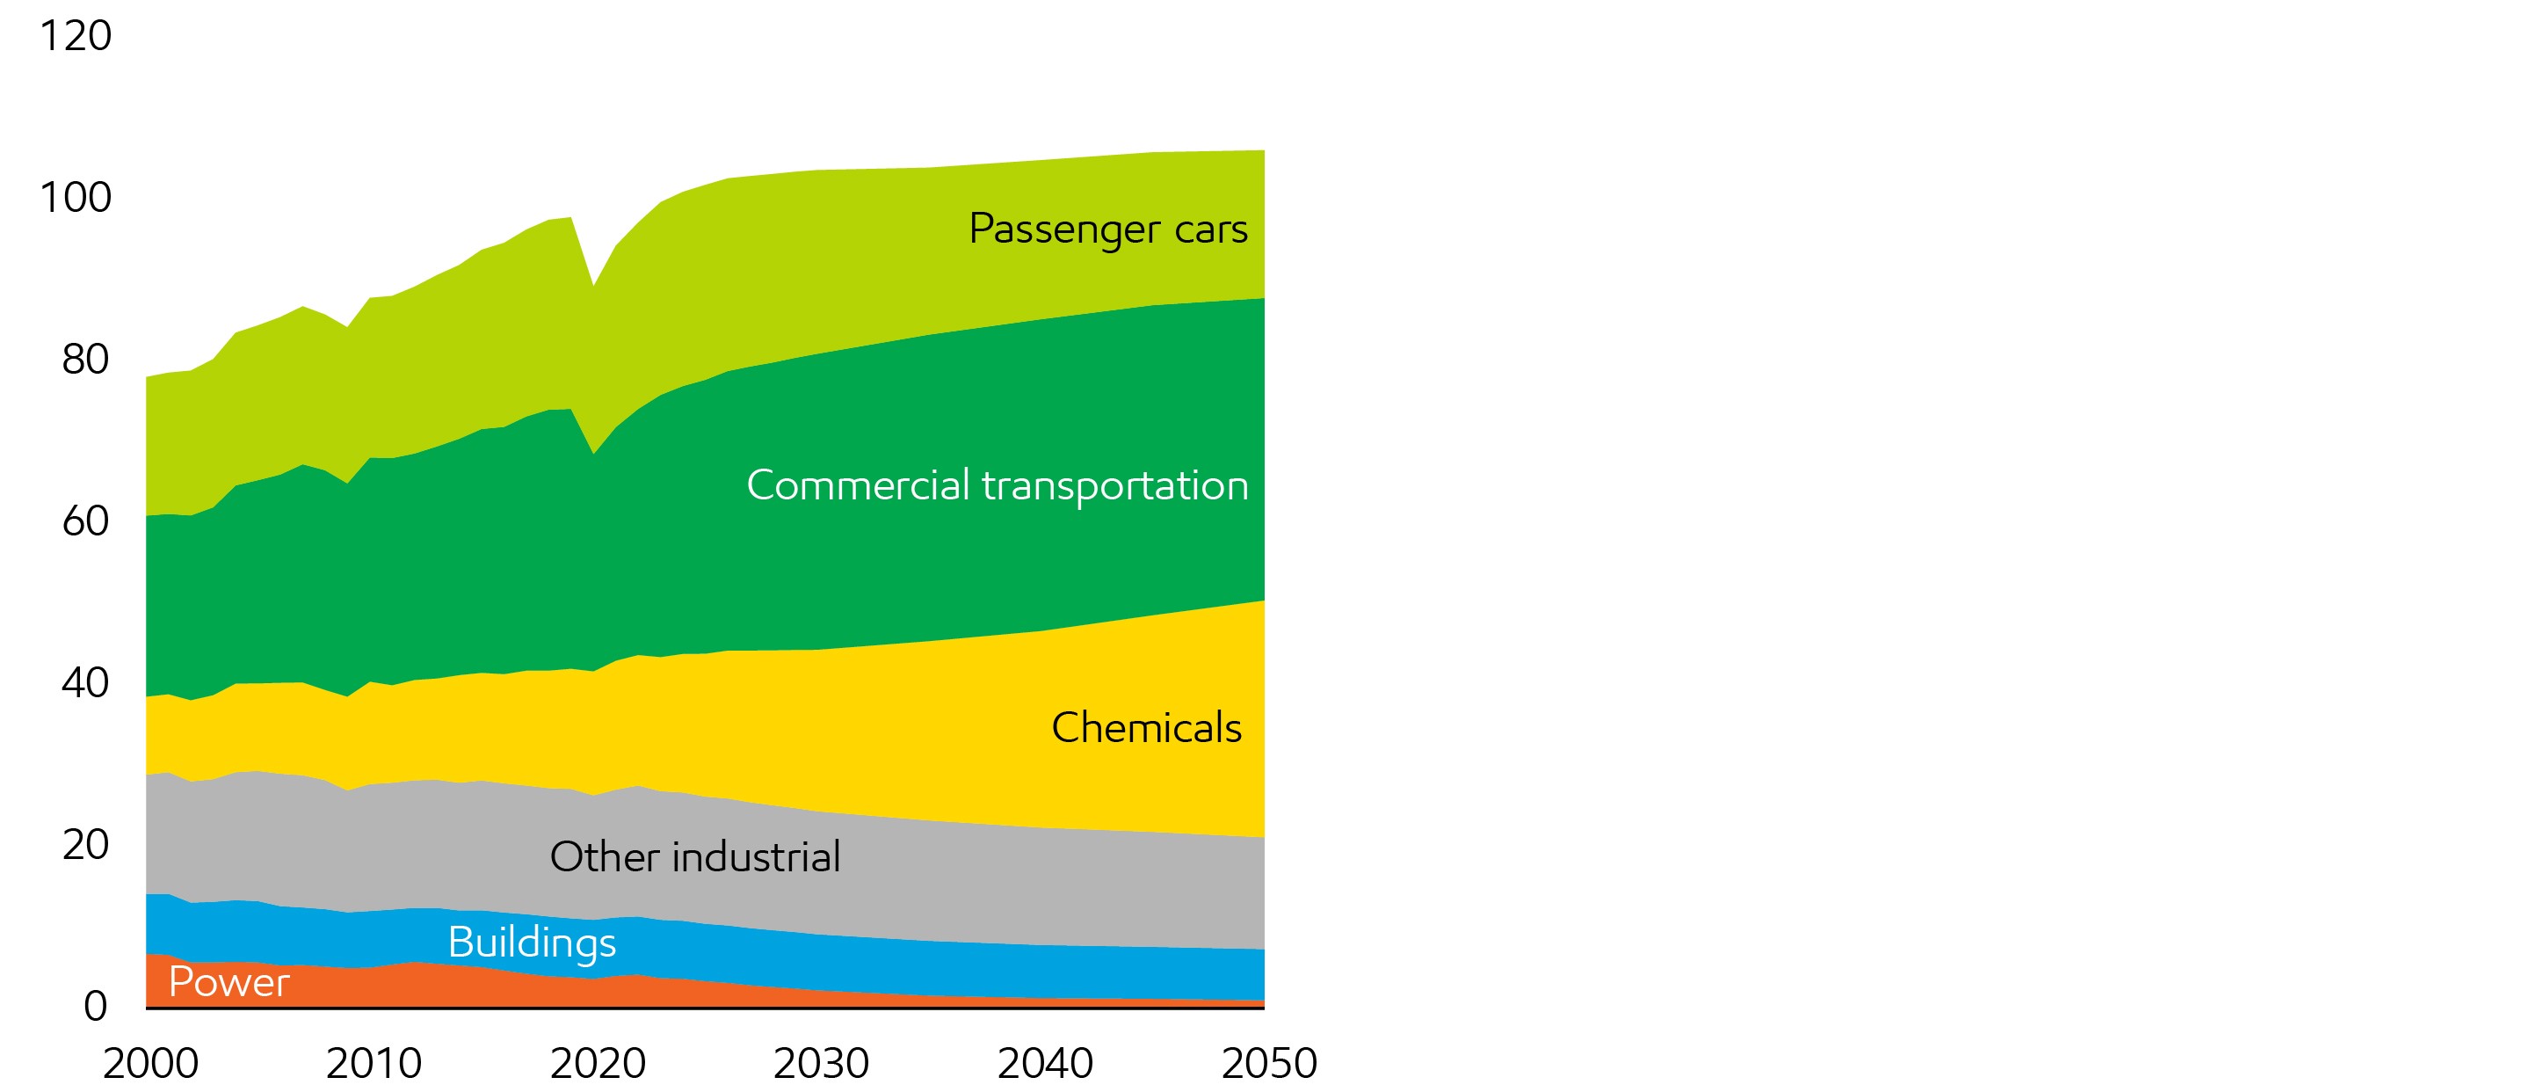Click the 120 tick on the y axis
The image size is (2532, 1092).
tap(76, 36)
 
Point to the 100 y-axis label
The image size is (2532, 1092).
tap(76, 198)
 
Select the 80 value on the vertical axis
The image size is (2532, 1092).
tap(84, 360)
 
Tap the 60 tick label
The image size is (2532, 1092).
tap(84, 521)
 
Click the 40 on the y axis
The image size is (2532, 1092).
tap(84, 683)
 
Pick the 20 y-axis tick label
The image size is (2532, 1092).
tap(84, 844)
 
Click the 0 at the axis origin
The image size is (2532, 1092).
tap(95, 1006)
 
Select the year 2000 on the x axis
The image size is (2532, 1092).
tap(150, 1064)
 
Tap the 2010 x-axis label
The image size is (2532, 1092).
tap(374, 1064)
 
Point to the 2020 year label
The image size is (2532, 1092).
tap(598, 1064)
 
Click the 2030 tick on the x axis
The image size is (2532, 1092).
tap(821, 1064)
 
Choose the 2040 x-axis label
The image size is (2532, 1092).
tap(1045, 1064)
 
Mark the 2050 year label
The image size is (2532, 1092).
tap(1269, 1064)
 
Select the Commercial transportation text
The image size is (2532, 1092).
tap(997, 485)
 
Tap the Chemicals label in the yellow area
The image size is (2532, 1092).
tap(1146, 728)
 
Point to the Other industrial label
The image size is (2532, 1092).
tap(695, 857)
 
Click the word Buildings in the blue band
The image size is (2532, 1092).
tap(532, 943)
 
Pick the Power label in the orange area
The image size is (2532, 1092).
tap(229, 983)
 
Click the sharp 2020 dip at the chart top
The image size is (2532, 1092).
tap(592, 286)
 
